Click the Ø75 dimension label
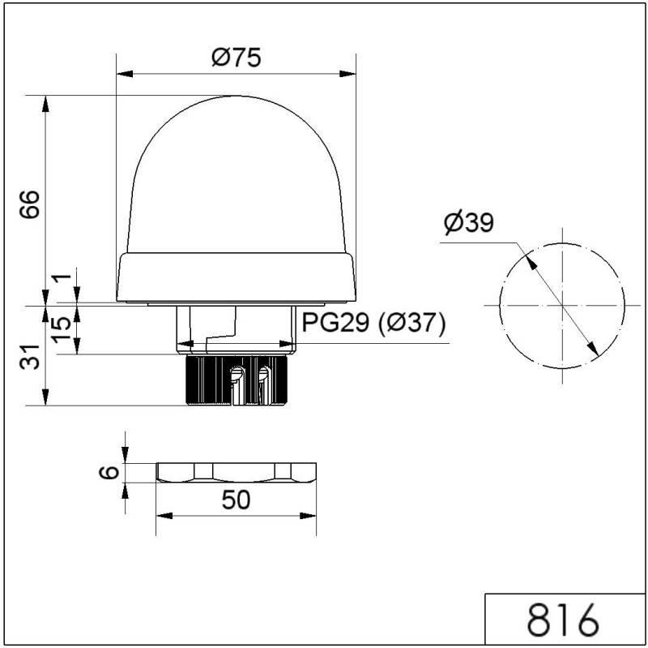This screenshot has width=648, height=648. [237, 58]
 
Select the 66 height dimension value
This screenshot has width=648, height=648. [29, 206]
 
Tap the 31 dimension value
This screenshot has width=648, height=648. [29, 356]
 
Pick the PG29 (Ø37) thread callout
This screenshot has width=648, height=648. [374, 324]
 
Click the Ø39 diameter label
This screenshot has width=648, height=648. [468, 222]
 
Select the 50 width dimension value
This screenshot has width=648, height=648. [235, 500]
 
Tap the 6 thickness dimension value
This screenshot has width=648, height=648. [113, 473]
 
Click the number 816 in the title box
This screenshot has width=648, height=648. [564, 620]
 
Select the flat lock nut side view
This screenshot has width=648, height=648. [237, 473]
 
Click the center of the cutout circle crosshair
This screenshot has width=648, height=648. [561, 305]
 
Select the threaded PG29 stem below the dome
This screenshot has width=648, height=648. [237, 329]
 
